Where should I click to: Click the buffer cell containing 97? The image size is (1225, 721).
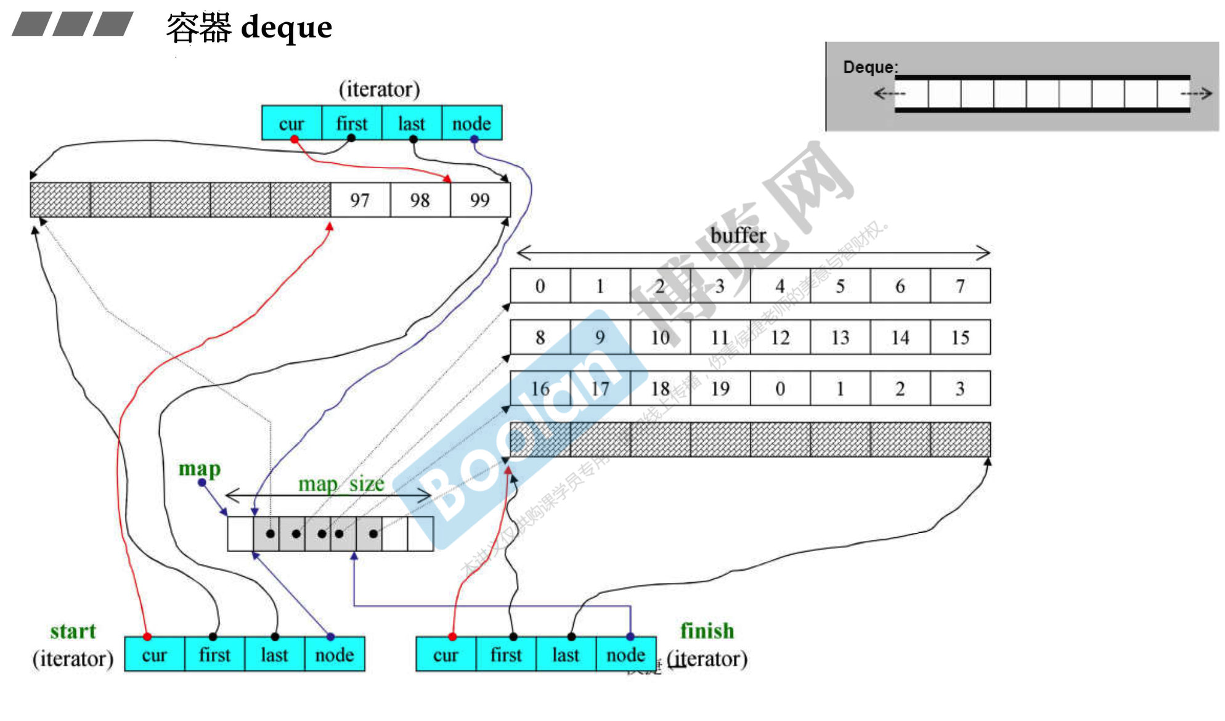tap(360, 200)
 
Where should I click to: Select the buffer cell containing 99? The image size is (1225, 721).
tap(480, 200)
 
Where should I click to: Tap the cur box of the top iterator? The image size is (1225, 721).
tap(291, 123)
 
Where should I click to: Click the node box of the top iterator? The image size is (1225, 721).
tap(471, 123)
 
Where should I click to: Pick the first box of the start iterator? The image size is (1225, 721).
tap(214, 654)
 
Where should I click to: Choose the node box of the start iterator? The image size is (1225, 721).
tap(335, 654)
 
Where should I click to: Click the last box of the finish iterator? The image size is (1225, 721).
tap(566, 654)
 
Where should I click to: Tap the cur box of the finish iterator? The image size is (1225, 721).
tap(446, 654)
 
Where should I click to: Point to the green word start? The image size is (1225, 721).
tap(73, 631)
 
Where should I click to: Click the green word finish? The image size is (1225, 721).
tap(707, 630)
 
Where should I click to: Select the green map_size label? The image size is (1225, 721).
tap(341, 484)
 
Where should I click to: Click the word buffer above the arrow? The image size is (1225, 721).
tap(738, 235)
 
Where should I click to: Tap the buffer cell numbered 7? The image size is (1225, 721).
tap(960, 286)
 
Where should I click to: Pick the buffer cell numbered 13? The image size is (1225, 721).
tap(840, 338)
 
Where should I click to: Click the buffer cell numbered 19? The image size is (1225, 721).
tap(720, 389)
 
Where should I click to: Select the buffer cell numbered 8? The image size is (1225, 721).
tap(540, 338)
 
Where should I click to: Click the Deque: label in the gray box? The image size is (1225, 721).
tap(870, 67)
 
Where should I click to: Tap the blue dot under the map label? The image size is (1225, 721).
tap(201, 483)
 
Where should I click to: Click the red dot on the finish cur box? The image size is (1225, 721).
tap(452, 637)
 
